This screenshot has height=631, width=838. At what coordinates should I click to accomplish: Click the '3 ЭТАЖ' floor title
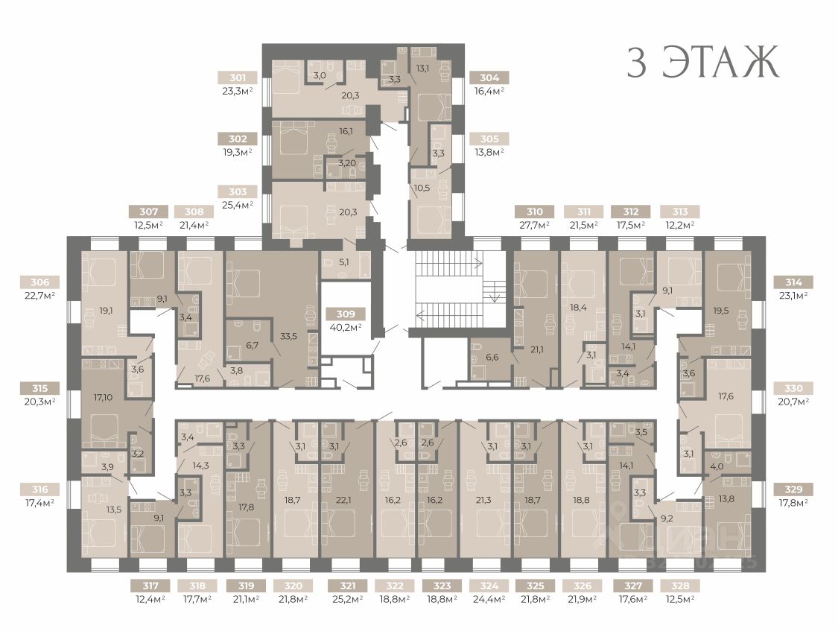[702, 63]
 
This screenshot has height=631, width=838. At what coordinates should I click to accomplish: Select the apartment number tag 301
[238, 78]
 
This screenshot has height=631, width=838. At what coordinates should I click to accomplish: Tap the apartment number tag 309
[346, 314]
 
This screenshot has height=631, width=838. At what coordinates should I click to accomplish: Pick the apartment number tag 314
[793, 282]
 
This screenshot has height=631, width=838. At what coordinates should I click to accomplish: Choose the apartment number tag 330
[793, 388]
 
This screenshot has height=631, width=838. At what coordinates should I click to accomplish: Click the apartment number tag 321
[347, 586]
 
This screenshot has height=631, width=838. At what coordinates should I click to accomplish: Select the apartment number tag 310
[534, 212]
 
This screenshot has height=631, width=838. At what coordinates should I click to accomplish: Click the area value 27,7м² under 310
[534, 225]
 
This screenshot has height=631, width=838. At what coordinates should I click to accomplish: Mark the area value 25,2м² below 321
[347, 599]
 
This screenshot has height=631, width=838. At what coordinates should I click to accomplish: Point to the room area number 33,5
[288, 337]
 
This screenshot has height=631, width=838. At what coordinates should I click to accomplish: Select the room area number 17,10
[103, 397]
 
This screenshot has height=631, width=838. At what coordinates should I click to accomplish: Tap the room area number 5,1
[344, 261]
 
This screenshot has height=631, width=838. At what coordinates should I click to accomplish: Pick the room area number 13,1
[423, 68]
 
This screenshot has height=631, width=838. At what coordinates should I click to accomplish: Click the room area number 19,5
[722, 311]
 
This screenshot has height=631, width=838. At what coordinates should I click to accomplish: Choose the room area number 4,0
[717, 466]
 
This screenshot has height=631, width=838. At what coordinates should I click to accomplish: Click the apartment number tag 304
[489, 78]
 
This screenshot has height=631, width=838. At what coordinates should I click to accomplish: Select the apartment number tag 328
[680, 586]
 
